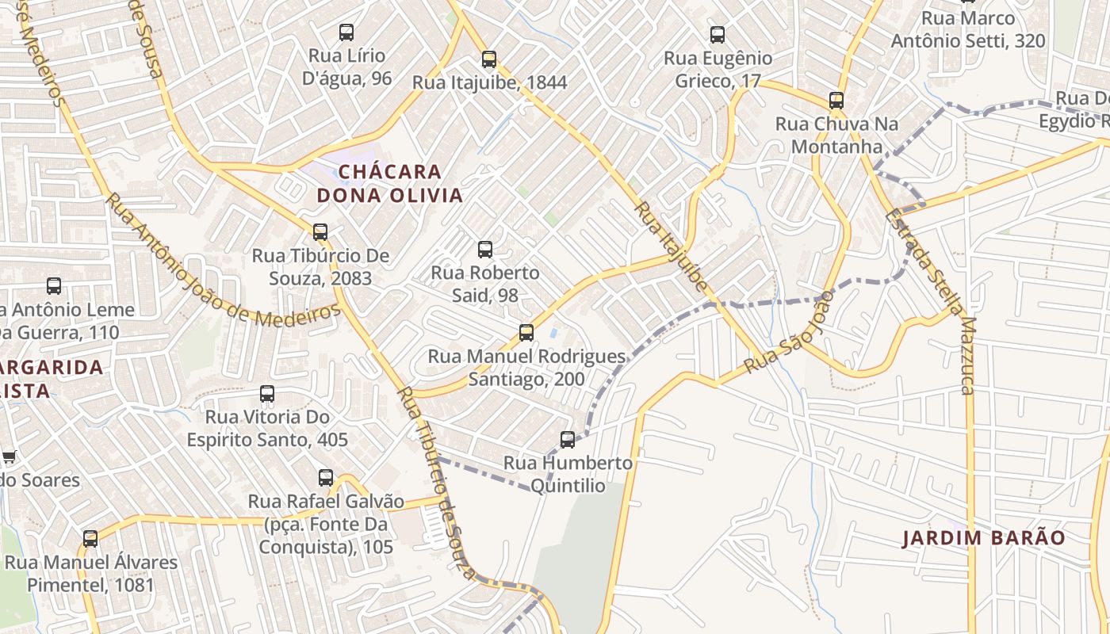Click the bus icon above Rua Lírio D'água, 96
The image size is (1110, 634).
[346, 32]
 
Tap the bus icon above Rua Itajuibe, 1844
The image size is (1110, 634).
[489, 59]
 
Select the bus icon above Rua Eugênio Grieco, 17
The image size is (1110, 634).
[718, 35]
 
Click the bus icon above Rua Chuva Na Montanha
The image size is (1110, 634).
[836, 101]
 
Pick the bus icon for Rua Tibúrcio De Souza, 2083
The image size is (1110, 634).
[320, 232]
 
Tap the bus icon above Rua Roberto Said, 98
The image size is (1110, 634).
[485, 250]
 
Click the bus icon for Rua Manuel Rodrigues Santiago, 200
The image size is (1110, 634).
[526, 333]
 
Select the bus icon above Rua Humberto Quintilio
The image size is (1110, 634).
[568, 440]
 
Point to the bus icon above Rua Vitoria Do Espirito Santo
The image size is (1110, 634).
[267, 394]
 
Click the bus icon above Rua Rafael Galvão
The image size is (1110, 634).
[326, 478]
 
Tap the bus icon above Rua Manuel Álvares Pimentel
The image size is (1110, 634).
[90, 539]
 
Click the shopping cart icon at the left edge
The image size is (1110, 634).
[9, 456]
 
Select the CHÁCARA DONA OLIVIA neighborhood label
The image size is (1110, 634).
[389, 183]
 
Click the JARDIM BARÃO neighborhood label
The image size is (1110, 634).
[984, 538]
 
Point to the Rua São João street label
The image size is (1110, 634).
[789, 332]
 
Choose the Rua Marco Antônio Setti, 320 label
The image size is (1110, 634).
[968, 29]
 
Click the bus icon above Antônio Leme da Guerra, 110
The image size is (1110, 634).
[54, 286]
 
